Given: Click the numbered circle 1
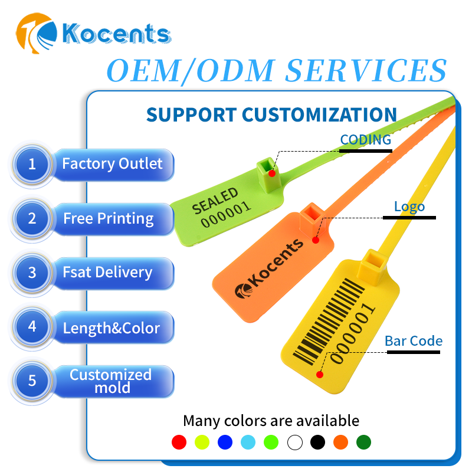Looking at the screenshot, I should [32, 163].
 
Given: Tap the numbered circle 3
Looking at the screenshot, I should [32, 273].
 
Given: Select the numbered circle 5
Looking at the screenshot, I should [32, 381].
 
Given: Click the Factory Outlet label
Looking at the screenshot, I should [112, 163].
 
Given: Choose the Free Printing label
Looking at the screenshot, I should [109, 219].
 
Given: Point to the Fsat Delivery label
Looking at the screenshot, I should [107, 273].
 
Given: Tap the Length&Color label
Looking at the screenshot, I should [112, 327].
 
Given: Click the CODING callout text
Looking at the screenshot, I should [366, 140].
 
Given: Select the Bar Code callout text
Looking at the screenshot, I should [414, 341].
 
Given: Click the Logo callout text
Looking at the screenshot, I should [409, 206].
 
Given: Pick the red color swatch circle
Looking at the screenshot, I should [179, 442].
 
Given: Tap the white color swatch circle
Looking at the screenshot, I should [294, 442].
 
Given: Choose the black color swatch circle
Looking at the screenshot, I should [317, 442].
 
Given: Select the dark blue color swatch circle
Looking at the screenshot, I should [225, 442].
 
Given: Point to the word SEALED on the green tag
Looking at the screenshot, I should [215, 201].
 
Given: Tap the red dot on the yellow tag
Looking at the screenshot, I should [320, 374].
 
